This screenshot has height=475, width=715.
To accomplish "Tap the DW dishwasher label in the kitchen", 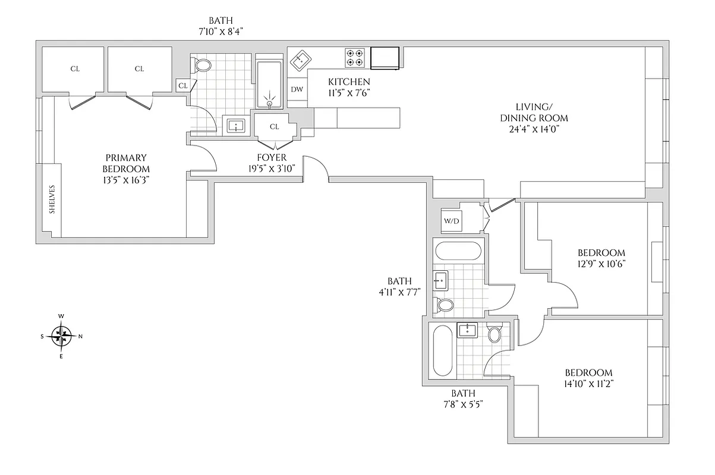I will [297, 89].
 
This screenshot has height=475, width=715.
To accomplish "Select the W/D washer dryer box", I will [452, 221].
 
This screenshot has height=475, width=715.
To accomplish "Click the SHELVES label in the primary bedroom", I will [52, 199].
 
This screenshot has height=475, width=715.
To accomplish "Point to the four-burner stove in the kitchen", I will [355, 58].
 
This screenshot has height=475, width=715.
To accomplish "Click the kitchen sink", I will [301, 59].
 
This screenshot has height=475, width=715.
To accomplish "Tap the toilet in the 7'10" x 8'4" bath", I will [203, 65].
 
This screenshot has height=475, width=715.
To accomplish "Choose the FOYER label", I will [272, 157].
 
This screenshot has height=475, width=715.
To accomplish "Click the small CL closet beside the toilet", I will [183, 85].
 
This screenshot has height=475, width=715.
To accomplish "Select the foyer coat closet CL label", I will [274, 126].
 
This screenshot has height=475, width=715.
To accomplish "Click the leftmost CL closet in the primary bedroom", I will [75, 69].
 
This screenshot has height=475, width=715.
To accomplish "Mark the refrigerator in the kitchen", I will [385, 58].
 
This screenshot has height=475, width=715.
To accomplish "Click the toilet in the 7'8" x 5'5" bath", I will [494, 334].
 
